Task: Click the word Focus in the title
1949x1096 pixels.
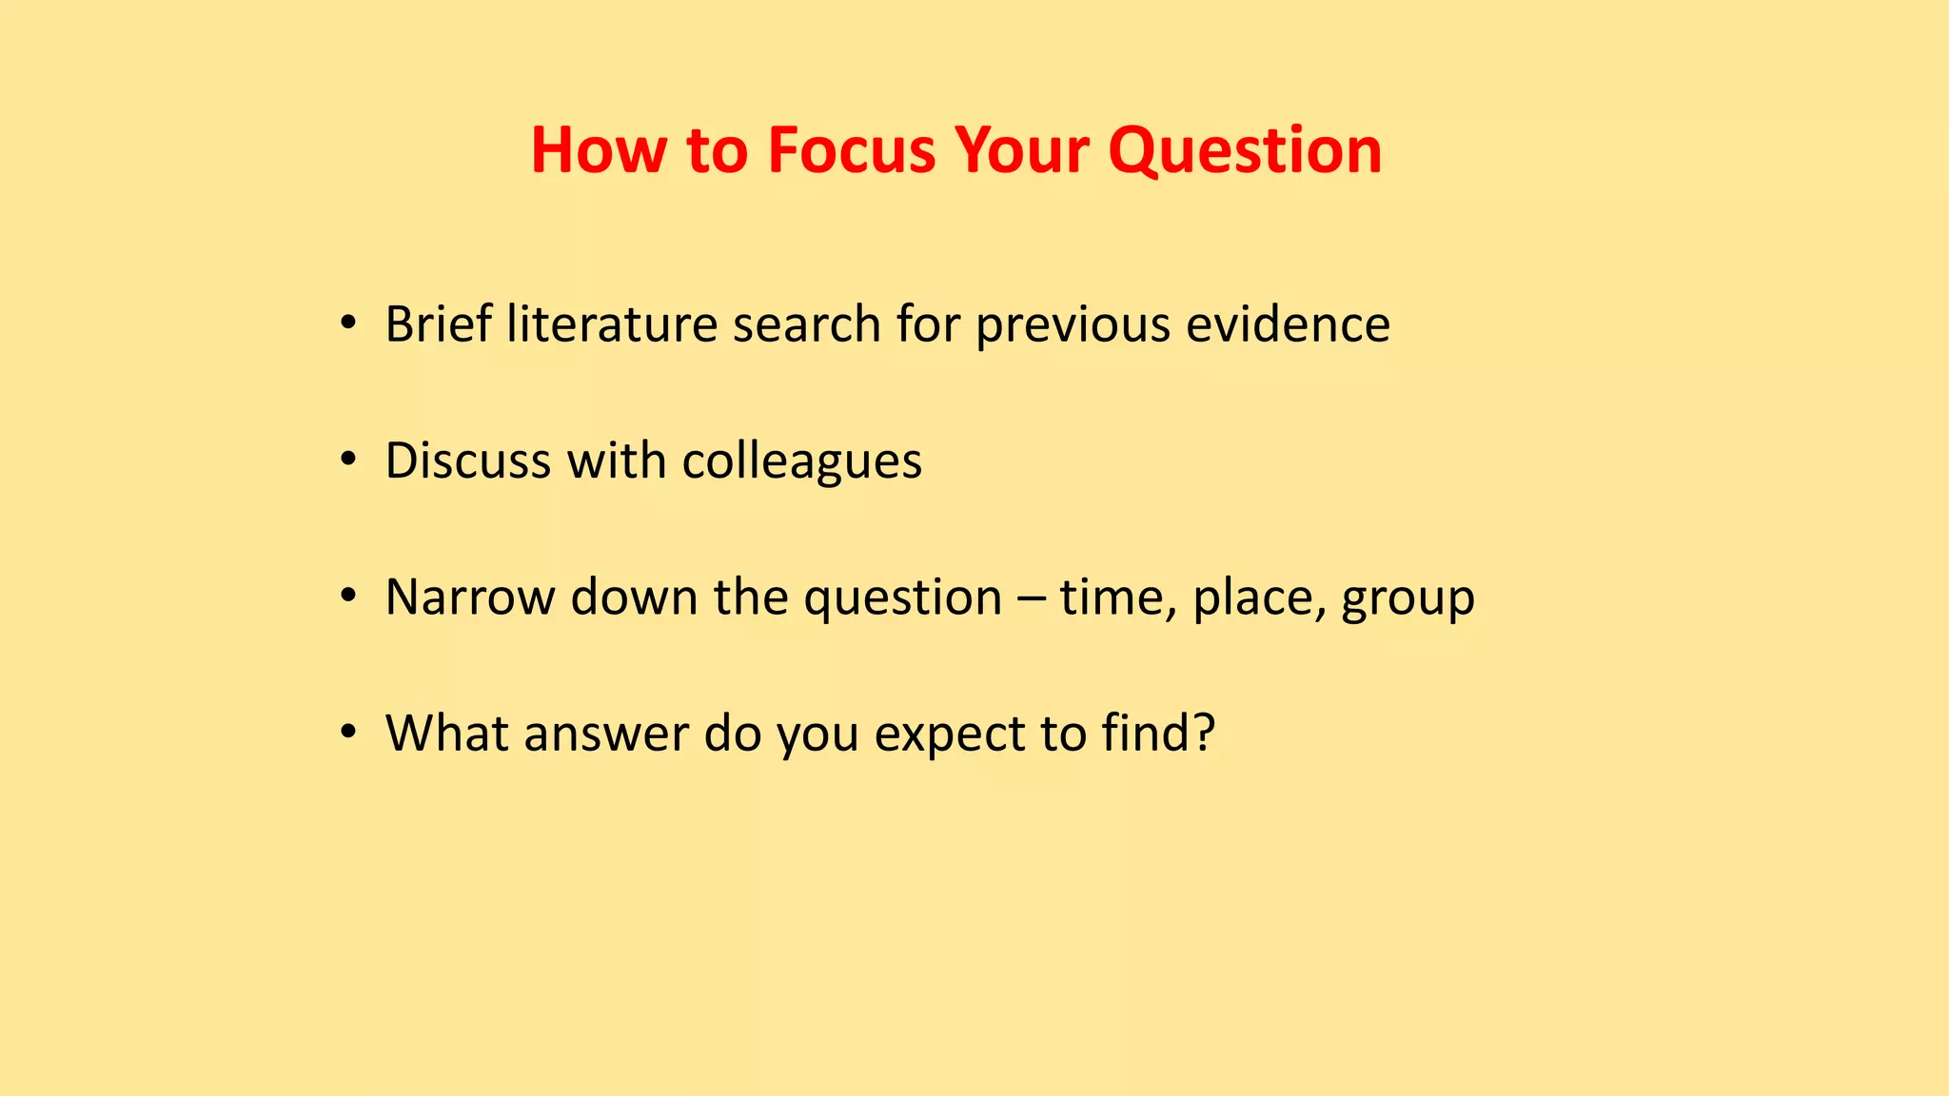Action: [x=852, y=150]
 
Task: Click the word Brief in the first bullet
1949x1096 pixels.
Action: [x=438, y=323]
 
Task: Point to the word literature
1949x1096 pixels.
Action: [x=612, y=323]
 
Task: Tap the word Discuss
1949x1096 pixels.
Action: [x=468, y=460]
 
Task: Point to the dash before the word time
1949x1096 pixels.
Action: [x=1030, y=598]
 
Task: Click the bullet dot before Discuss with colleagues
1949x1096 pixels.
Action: [x=348, y=461]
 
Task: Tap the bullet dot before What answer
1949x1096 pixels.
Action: [x=348, y=734]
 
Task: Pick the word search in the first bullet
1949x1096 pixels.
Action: [x=806, y=323]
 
